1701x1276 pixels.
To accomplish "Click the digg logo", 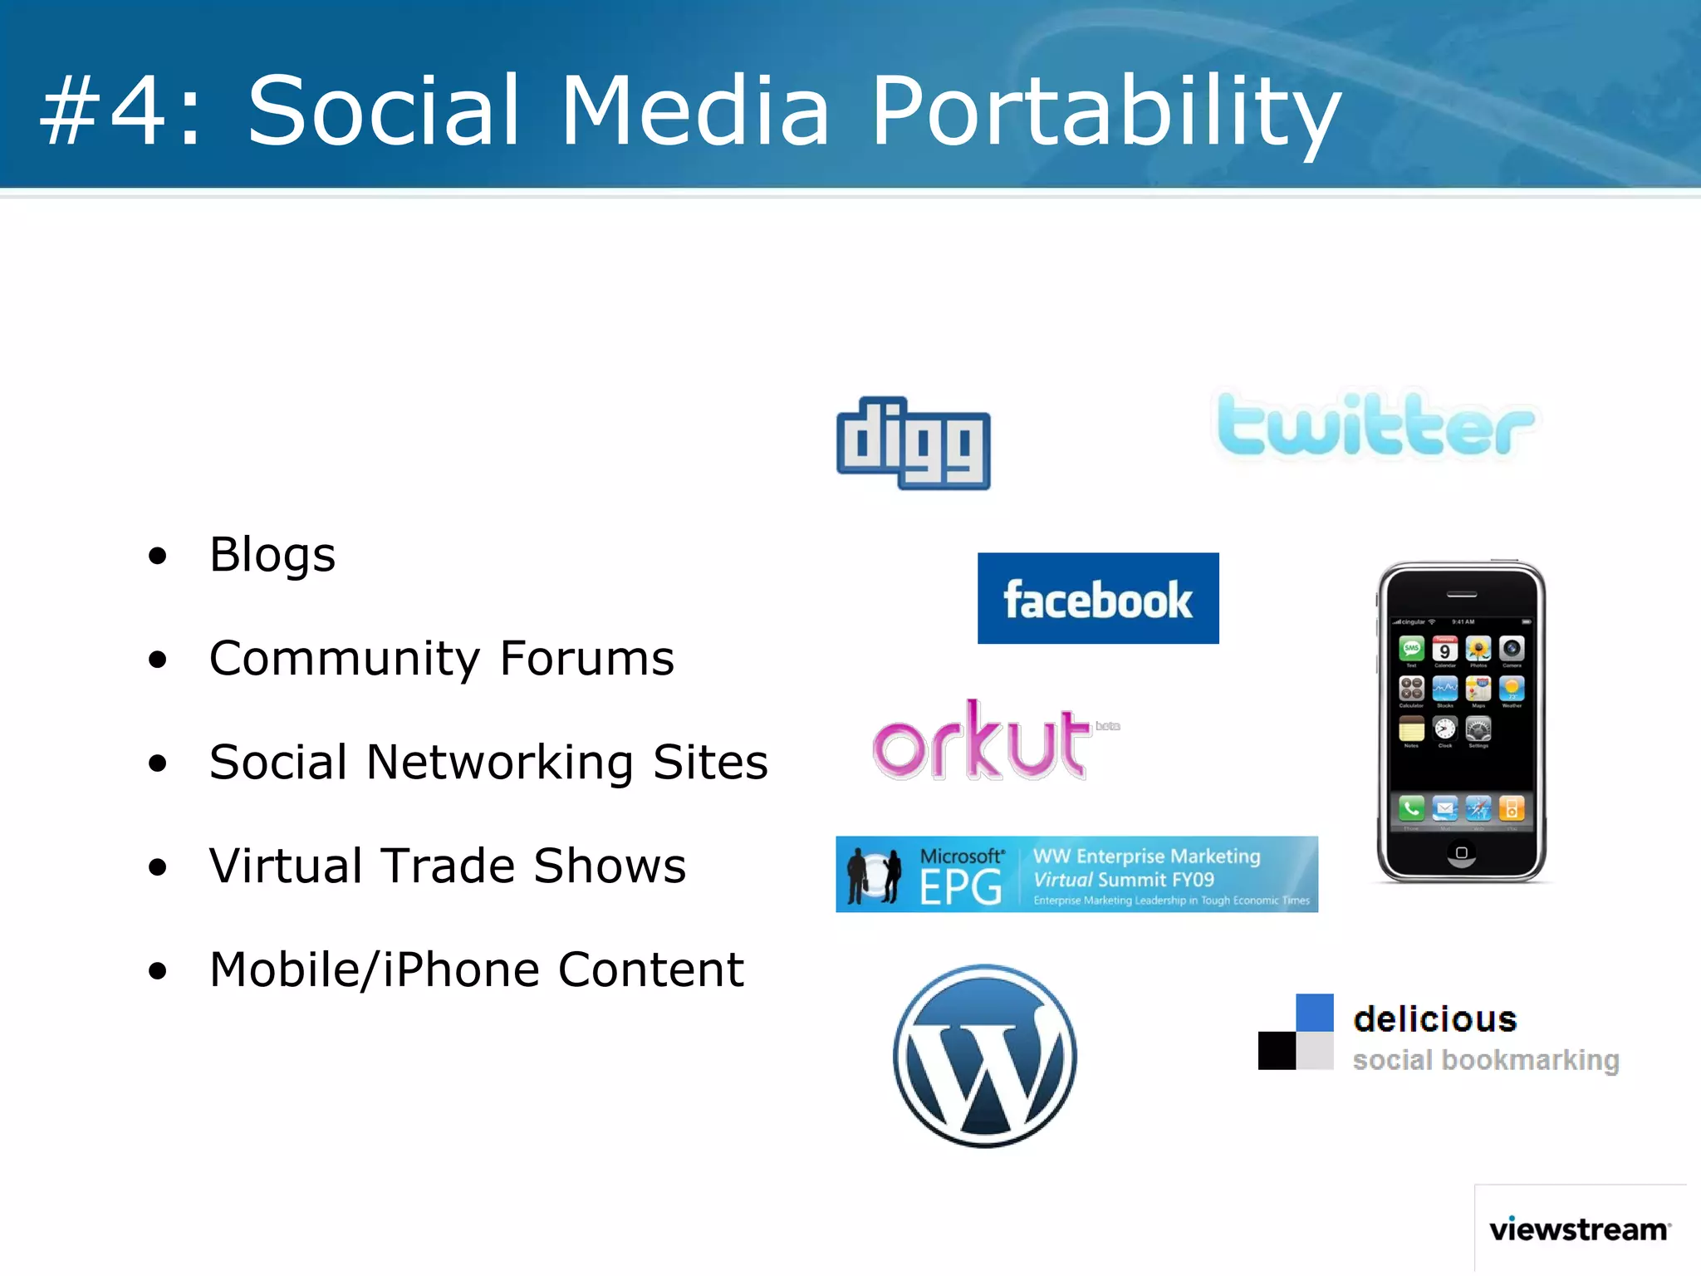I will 913,443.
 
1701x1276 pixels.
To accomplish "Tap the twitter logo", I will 1375,426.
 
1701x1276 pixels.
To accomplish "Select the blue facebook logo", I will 1098,598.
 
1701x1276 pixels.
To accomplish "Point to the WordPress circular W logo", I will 985,1056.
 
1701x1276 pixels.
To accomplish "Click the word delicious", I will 1434,1019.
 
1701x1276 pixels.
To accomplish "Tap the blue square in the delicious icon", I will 1315,1013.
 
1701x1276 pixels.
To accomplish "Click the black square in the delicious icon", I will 1277,1051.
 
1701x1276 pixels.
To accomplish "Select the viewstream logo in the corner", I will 1579,1229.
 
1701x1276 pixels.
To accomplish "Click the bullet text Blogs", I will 272,554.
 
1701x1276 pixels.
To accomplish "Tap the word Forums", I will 586,658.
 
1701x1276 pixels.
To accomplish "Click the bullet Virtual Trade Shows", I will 448,866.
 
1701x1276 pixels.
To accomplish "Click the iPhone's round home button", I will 1462,852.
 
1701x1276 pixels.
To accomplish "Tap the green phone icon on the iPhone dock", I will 1411,807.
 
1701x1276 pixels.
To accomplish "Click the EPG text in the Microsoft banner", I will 960,887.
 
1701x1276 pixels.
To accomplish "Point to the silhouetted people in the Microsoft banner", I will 873,876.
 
